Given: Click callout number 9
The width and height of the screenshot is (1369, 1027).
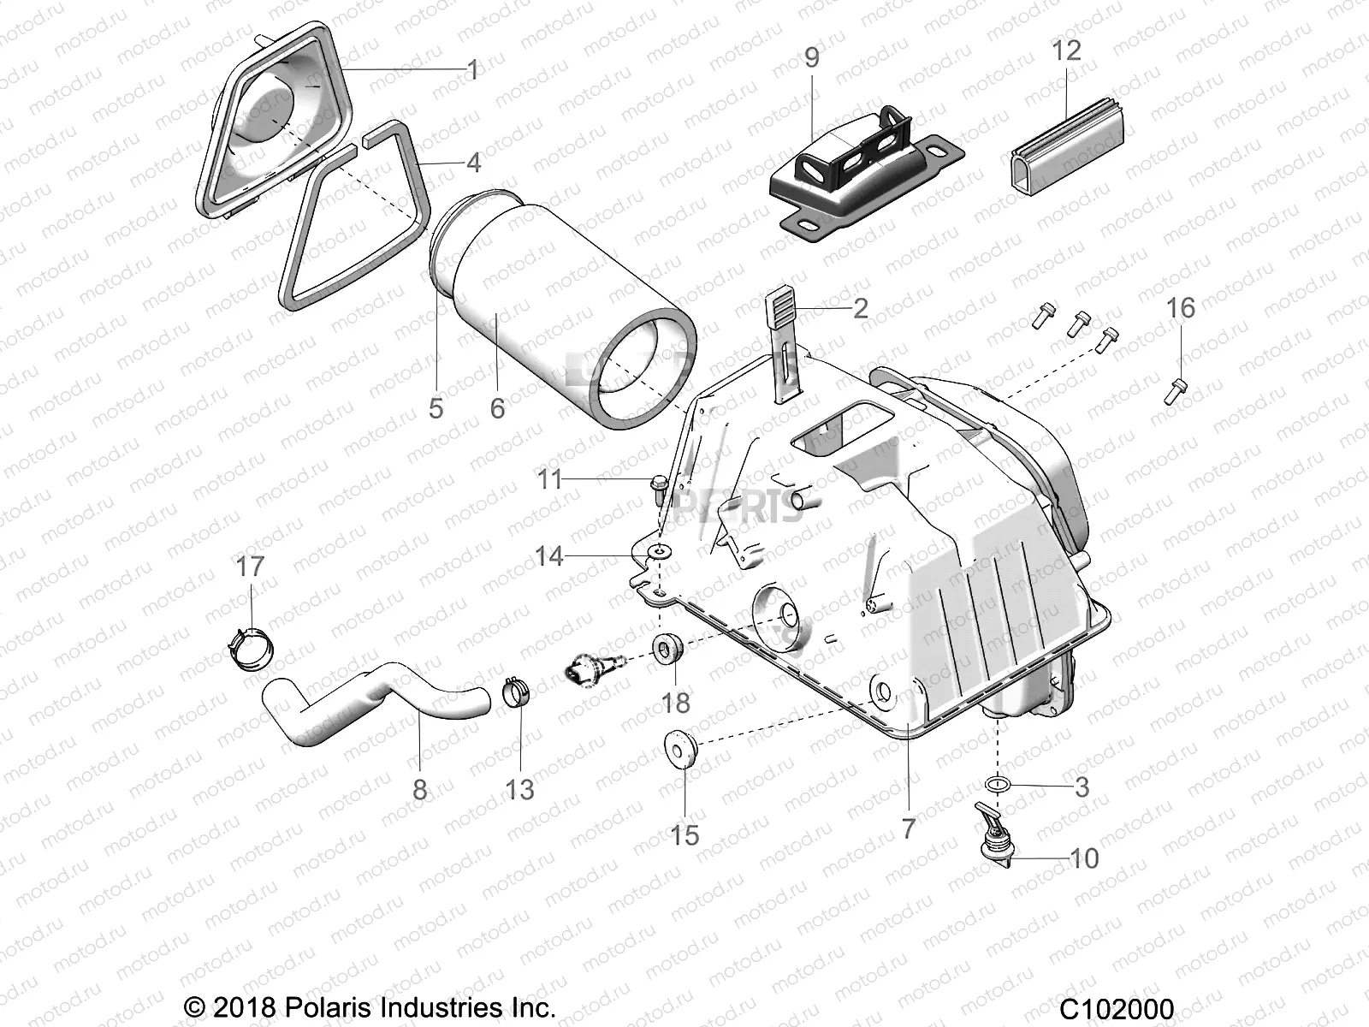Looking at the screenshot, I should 811,58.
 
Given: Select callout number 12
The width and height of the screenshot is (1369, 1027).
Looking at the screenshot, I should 1066,50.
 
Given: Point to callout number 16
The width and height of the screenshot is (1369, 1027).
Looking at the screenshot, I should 1181,308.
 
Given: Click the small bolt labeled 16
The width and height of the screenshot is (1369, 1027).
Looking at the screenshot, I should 1175,391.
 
